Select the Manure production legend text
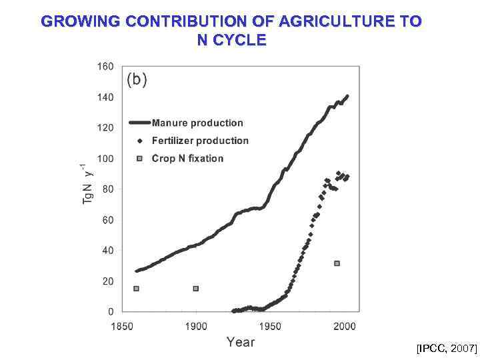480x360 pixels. coord(197,123)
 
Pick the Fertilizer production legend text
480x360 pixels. coord(200,141)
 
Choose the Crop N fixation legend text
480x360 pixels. coord(187,159)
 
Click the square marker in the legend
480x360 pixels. coord(139,159)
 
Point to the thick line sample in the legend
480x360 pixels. coord(139,123)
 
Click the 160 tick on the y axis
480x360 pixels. coord(105,67)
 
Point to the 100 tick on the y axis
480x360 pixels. coord(105,159)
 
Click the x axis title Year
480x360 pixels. coord(241,342)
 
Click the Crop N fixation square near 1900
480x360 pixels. coord(196,289)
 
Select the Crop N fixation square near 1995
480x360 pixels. coord(337,263)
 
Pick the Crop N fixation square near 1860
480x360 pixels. coord(136,289)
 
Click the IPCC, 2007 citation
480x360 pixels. coord(447,349)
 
